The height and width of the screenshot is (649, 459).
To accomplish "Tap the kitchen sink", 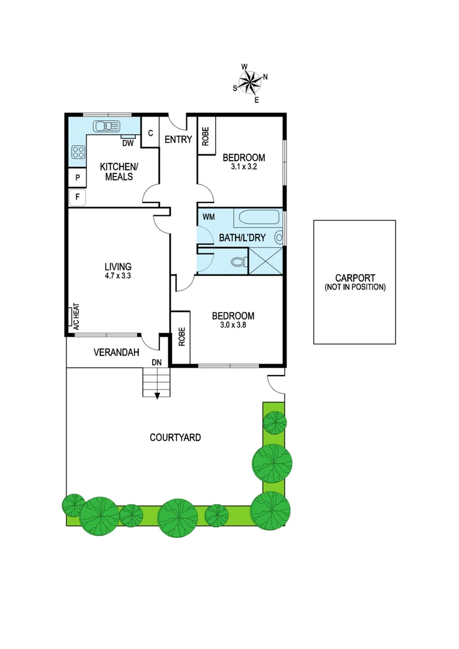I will point(107,126).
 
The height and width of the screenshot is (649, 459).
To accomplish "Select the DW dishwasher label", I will point(127,143).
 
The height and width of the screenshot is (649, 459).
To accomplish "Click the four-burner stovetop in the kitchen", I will point(78,152).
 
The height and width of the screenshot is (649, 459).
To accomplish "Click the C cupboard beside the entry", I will point(150,133).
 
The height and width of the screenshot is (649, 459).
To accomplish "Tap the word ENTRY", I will point(178,140).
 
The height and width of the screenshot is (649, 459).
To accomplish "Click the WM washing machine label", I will point(208,216).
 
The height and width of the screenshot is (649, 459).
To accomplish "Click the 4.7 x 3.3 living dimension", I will point(118,277).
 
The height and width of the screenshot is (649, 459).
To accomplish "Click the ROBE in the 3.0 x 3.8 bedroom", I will point(181,338).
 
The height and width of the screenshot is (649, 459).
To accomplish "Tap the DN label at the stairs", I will point(157,362).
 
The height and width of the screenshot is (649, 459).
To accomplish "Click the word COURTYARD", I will point(175,437).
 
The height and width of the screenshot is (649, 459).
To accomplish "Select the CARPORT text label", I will point(355,278).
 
